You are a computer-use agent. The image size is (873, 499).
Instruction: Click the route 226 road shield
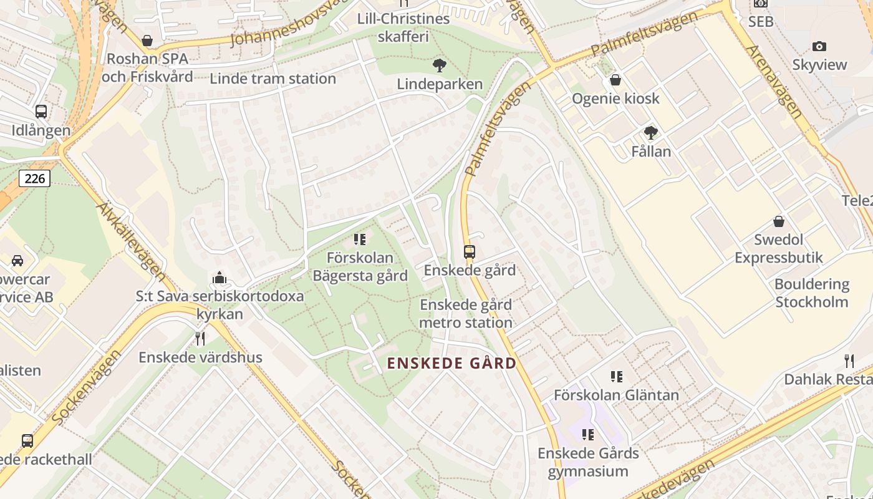pyautogui.click(x=34, y=179)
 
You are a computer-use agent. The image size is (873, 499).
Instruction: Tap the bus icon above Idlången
pyautogui.click(x=41, y=112)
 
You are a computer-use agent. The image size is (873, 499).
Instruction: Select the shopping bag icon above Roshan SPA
pyautogui.click(x=147, y=41)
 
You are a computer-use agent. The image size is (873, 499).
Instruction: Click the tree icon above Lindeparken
pyautogui.click(x=440, y=65)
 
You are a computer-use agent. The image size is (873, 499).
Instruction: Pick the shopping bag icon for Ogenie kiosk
pyautogui.click(x=615, y=80)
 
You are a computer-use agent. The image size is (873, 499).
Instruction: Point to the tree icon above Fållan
pyautogui.click(x=651, y=132)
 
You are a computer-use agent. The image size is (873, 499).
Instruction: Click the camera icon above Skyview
pyautogui.click(x=819, y=46)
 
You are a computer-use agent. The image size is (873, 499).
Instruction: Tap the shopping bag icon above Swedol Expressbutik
pyautogui.click(x=779, y=221)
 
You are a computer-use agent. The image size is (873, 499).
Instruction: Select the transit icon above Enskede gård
pyautogui.click(x=470, y=252)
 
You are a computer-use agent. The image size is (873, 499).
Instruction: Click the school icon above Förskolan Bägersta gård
pyautogui.click(x=360, y=240)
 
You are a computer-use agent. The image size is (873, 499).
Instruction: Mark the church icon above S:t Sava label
pyautogui.click(x=219, y=278)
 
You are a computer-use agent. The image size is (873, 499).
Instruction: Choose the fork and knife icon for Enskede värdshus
pyautogui.click(x=200, y=339)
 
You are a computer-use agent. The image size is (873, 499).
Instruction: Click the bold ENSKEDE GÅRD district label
pyautogui.click(x=452, y=363)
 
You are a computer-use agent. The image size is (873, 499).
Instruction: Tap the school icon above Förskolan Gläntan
pyautogui.click(x=617, y=376)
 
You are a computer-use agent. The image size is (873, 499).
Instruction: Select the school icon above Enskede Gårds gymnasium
pyautogui.click(x=588, y=434)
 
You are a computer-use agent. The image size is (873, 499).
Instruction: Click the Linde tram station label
pyautogui.click(x=273, y=79)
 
